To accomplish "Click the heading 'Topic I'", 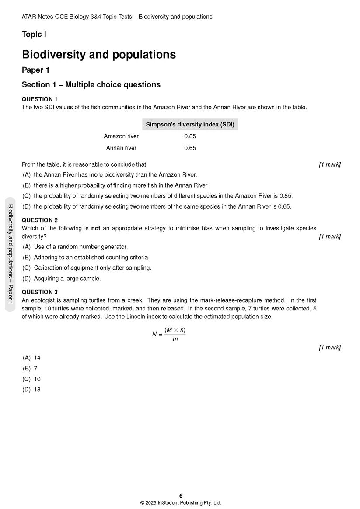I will pyautogui.click(x=34, y=35).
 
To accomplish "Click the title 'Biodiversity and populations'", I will pyautogui.click(x=99, y=55).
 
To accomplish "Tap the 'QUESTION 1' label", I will pyautogui.click(x=39, y=99).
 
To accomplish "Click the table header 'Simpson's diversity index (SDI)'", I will pyautogui.click(x=190, y=124).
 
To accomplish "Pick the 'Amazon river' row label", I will pyautogui.click(x=121, y=136).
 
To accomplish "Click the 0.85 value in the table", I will pyautogui.click(x=190, y=136).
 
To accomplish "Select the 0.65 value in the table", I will pyautogui.click(x=190, y=148).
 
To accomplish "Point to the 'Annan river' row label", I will pyautogui.click(x=121, y=148).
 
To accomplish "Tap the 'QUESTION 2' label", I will pyautogui.click(x=39, y=220).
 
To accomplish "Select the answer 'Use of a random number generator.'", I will pyautogui.click(x=80, y=247).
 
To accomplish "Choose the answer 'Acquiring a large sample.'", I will pyautogui.click(x=67, y=279).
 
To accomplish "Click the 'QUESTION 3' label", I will pyautogui.click(x=39, y=292).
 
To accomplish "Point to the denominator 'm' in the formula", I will pyautogui.click(x=175, y=339).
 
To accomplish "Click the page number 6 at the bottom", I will pyautogui.click(x=181, y=495).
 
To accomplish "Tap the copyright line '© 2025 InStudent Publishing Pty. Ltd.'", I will pyautogui.click(x=181, y=503).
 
